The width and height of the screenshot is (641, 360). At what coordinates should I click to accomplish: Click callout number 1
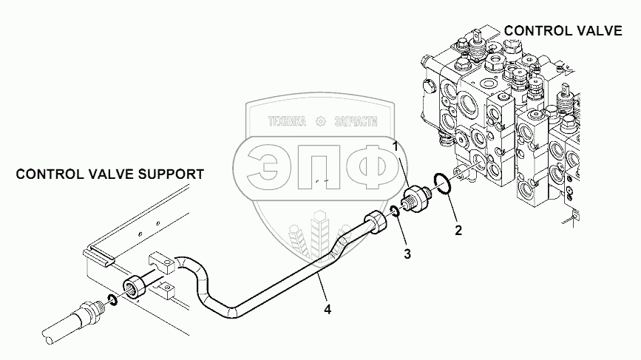396,146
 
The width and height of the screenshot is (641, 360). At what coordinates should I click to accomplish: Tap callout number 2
458,231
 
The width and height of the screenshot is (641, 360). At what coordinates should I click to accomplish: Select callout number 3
407,254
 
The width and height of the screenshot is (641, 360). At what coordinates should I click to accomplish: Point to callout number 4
328,310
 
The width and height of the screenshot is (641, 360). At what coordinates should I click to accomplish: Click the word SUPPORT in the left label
171,174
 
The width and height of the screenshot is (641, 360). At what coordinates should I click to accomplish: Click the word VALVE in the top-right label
600,30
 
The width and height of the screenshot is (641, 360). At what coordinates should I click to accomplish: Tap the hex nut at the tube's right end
375,223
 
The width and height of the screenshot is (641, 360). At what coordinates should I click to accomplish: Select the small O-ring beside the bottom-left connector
112,300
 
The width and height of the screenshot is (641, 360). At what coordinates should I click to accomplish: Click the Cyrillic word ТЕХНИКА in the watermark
287,121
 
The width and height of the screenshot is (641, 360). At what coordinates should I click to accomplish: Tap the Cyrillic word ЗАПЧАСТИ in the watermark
356,121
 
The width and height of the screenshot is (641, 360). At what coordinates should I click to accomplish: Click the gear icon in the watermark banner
321,121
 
